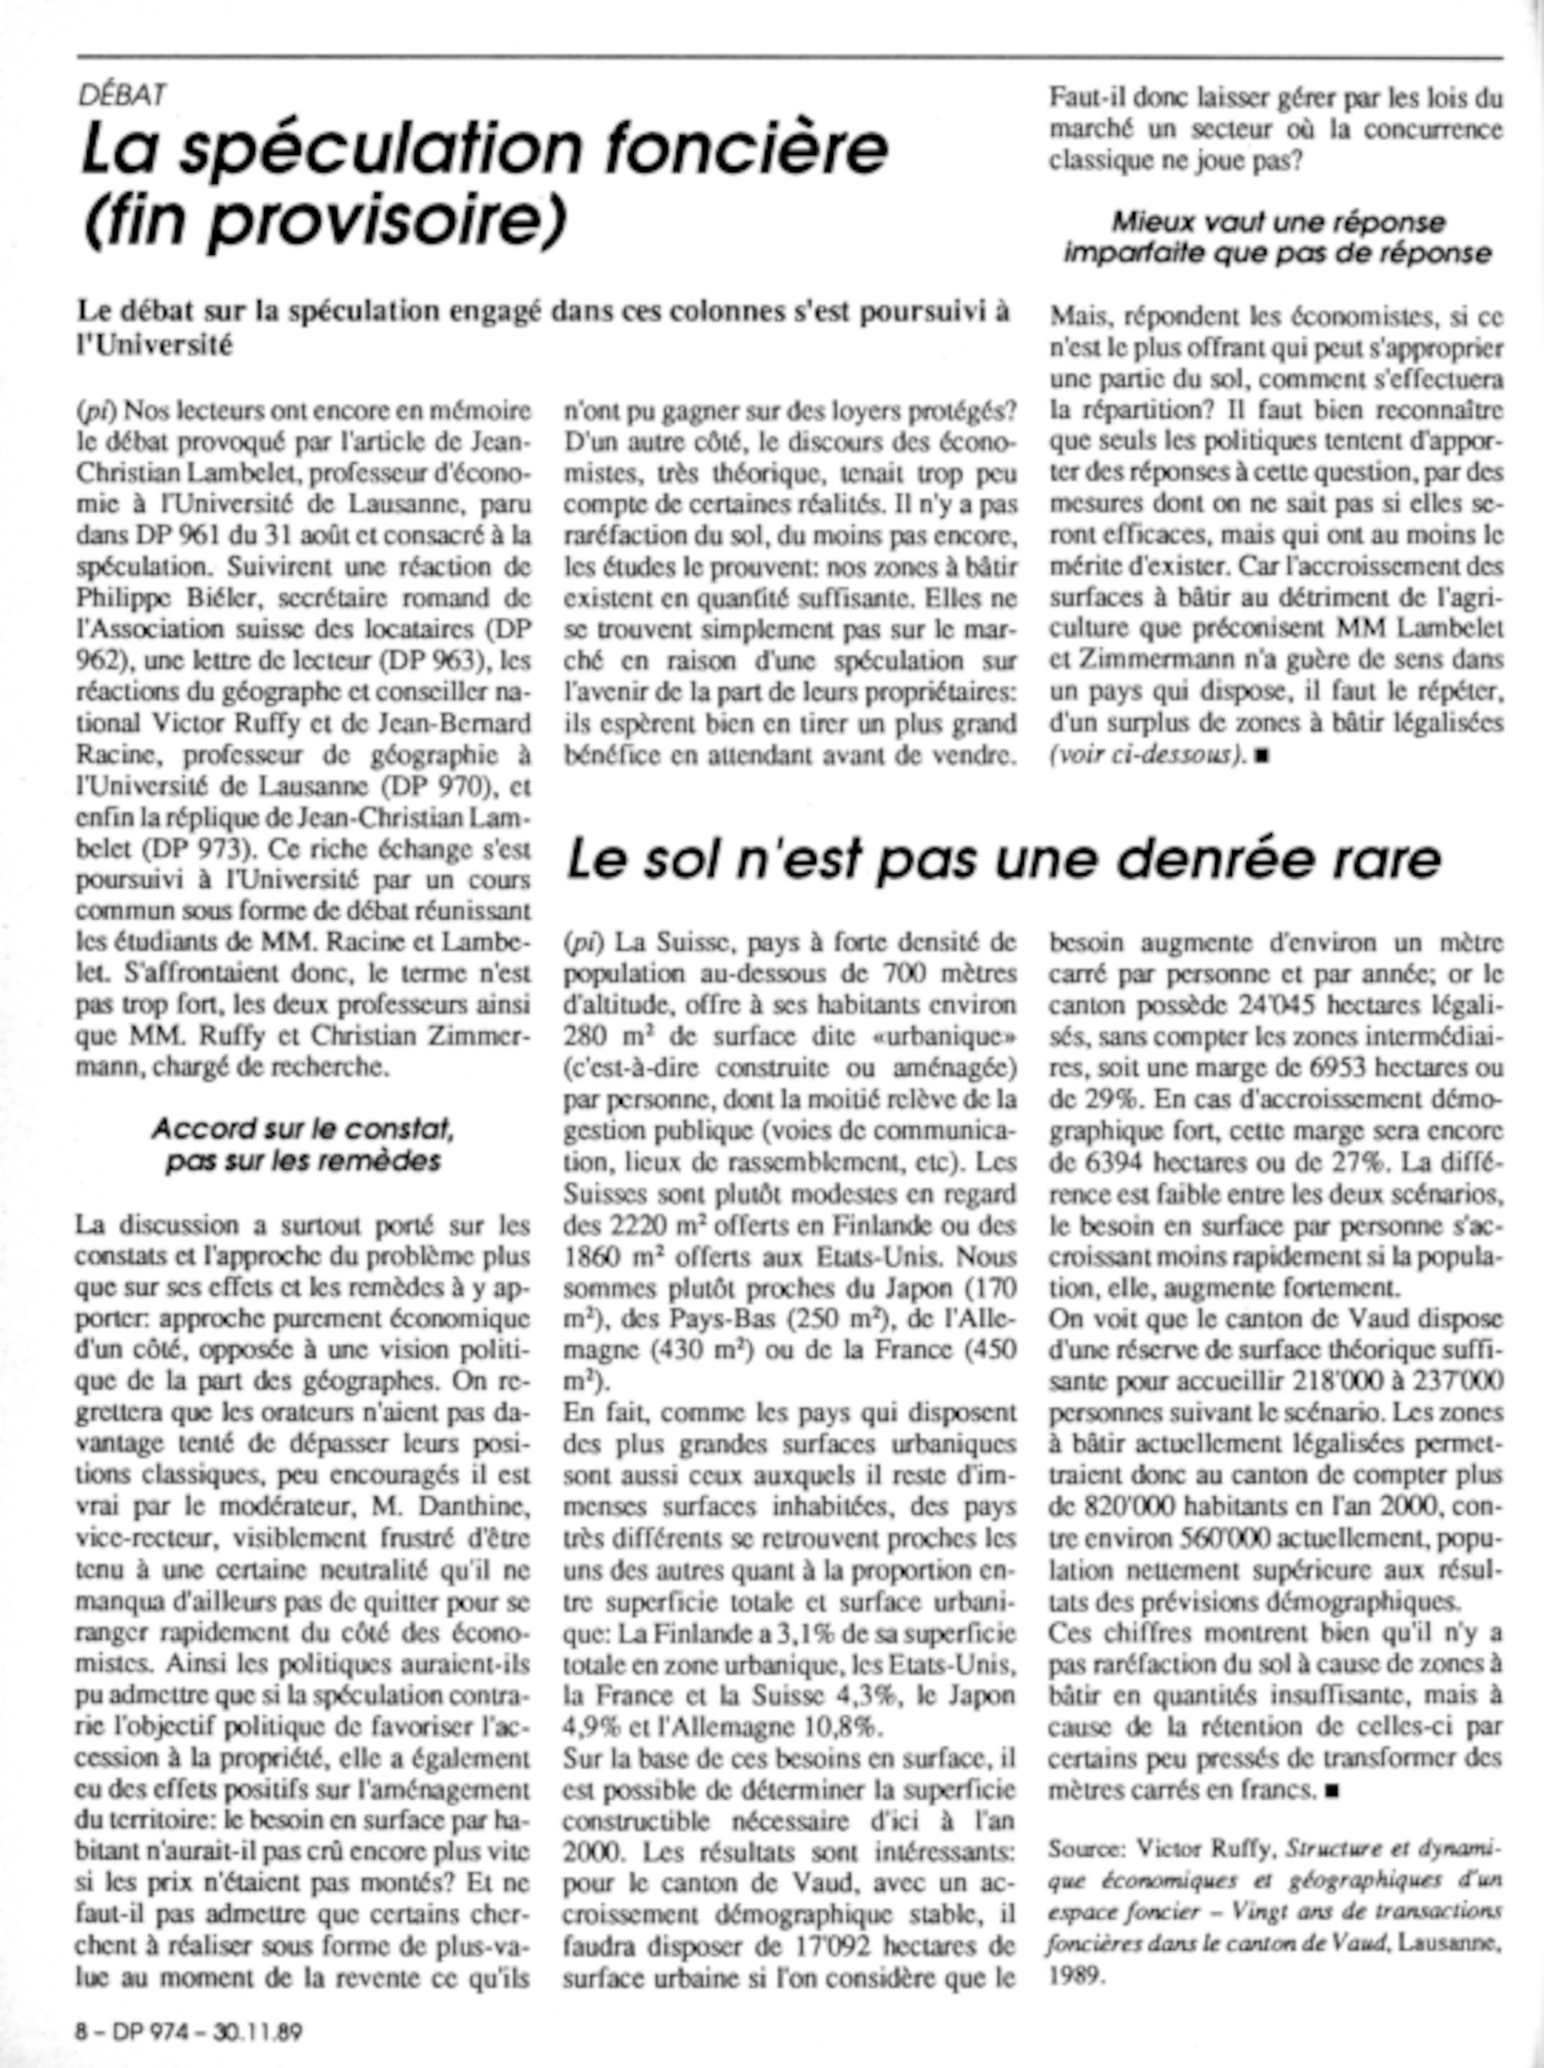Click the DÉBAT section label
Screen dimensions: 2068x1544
(123, 93)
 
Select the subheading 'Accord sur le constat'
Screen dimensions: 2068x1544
(303, 1129)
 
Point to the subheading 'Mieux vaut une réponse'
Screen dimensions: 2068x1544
(1278, 222)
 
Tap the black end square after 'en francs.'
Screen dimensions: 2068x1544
(1332, 1790)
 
